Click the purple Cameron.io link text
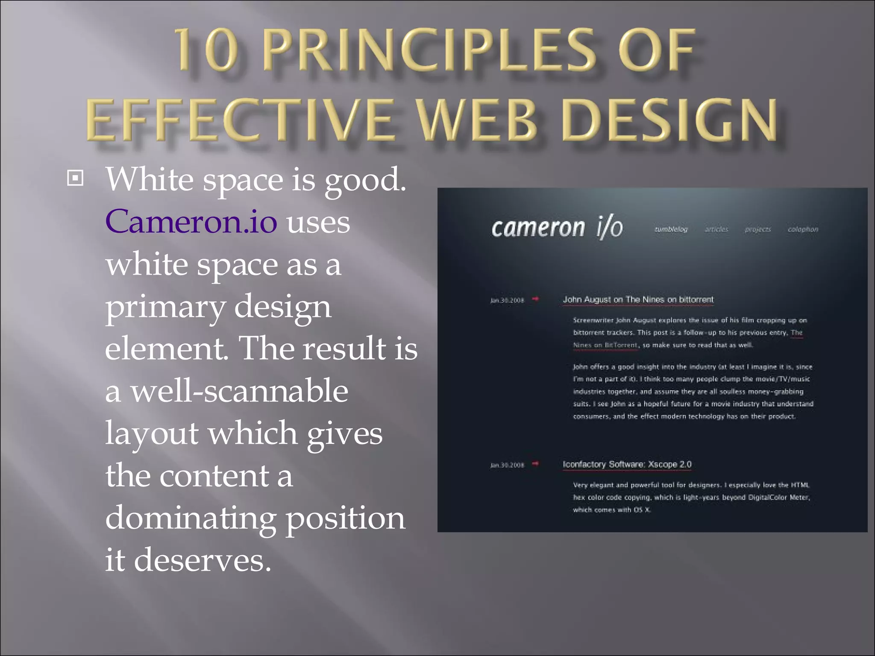click(191, 222)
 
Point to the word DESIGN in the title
click(669, 120)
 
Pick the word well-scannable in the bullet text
click(239, 391)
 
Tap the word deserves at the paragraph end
click(203, 560)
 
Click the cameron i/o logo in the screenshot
click(557, 227)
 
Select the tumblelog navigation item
click(671, 229)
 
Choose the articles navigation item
click(716, 229)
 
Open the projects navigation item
click(758, 229)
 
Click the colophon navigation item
click(803, 229)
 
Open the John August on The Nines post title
click(638, 300)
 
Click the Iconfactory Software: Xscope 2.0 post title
click(627, 464)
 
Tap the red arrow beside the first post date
click(535, 299)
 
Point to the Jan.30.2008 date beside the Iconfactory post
click(507, 465)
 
